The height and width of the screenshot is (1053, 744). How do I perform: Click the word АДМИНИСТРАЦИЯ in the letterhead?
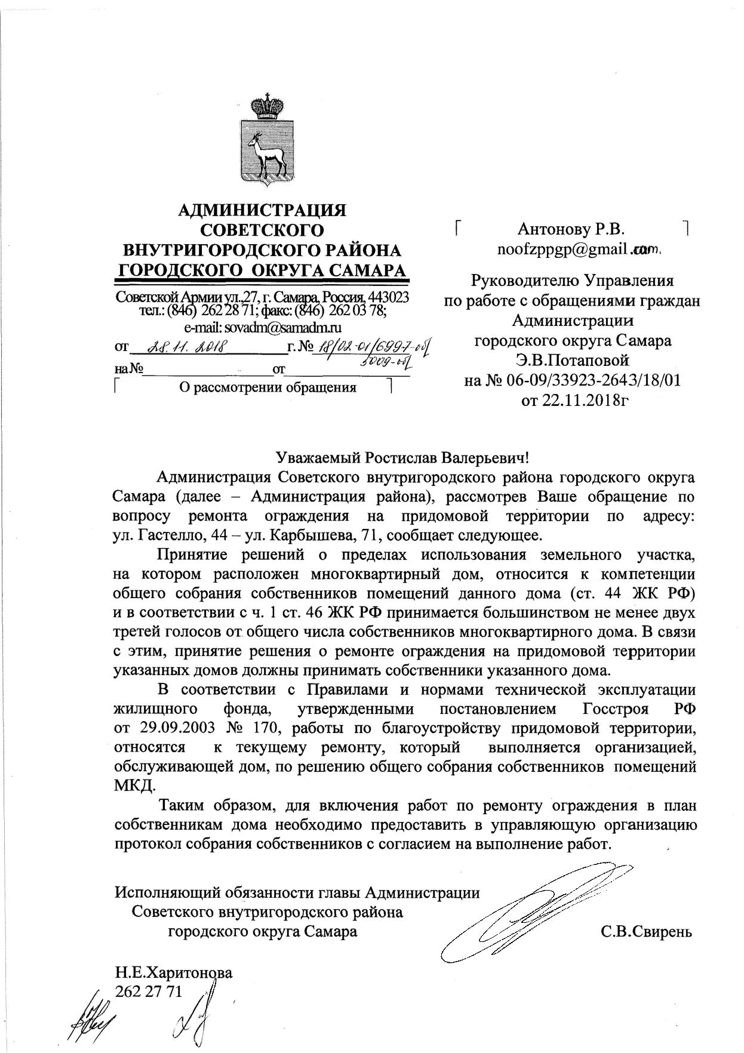point(262,210)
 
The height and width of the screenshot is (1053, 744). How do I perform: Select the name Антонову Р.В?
point(571,229)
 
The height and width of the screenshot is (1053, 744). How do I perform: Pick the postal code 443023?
point(388,297)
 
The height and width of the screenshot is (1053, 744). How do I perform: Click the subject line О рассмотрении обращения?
point(268,388)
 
